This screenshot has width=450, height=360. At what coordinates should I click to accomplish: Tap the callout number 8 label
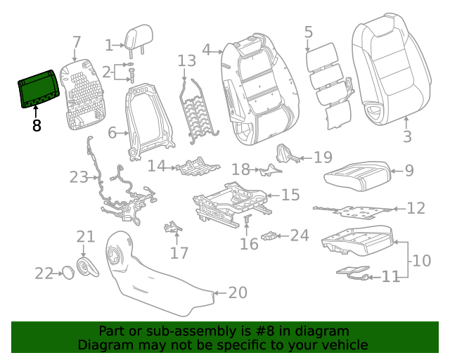(37, 126)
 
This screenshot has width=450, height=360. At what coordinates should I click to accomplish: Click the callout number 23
(79, 177)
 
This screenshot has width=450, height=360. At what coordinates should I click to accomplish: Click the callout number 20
(238, 292)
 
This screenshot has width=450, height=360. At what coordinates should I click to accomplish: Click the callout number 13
(186, 61)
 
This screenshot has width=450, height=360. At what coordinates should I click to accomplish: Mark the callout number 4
(207, 49)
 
